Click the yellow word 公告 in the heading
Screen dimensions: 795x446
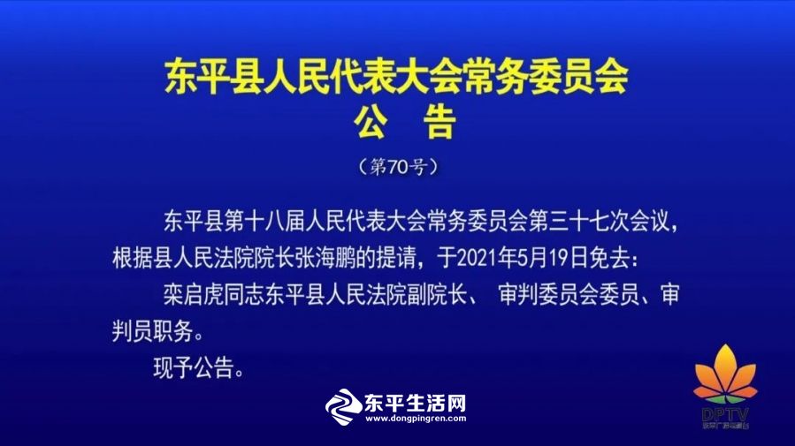pyautogui.click(x=405, y=122)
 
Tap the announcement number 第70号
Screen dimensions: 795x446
pyautogui.click(x=398, y=167)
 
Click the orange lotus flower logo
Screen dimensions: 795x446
pyautogui.click(x=725, y=374)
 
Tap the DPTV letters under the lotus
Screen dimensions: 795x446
pyautogui.click(x=725, y=415)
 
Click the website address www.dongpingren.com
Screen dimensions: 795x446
pyautogui.click(x=416, y=419)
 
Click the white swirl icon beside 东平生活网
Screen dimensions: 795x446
pyautogui.click(x=343, y=406)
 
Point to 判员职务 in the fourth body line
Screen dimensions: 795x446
pyautogui.click(x=152, y=331)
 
